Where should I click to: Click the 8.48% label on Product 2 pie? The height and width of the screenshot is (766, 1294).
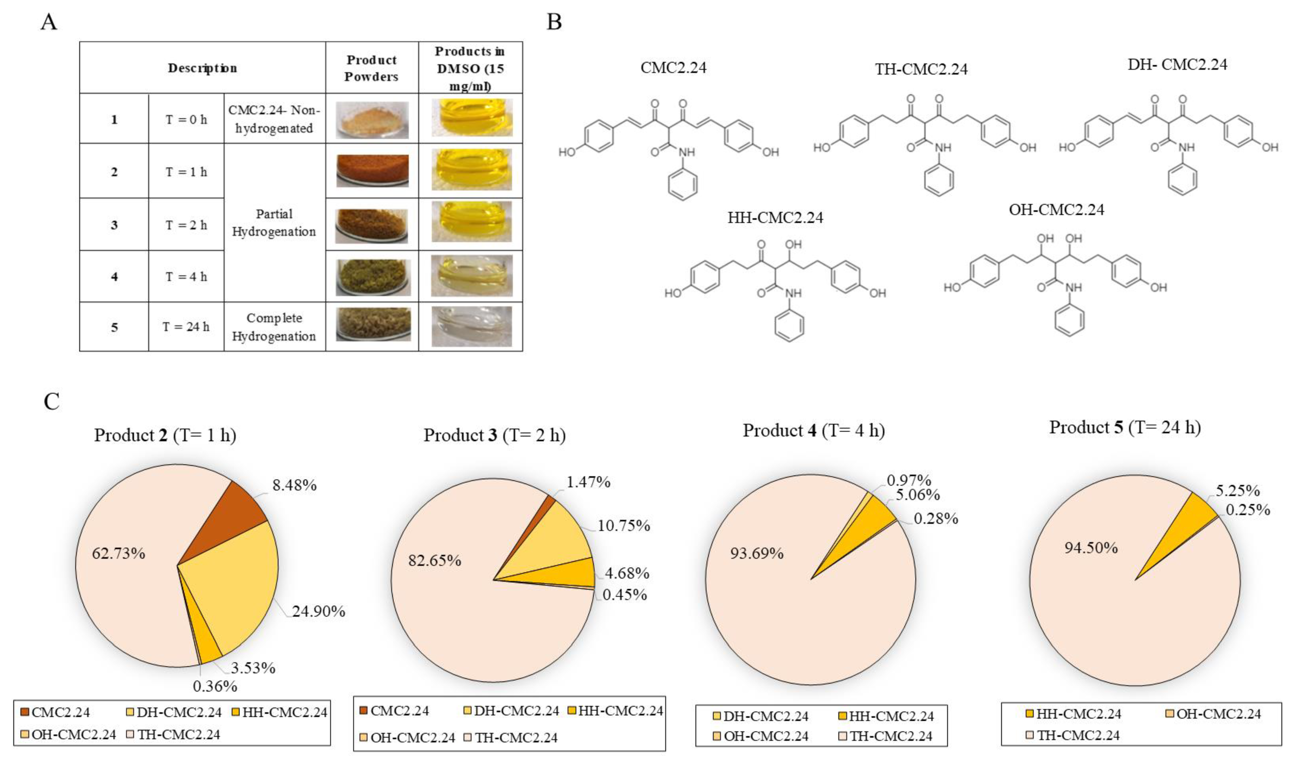click(x=294, y=485)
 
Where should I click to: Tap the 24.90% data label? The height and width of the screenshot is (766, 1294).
click(x=318, y=611)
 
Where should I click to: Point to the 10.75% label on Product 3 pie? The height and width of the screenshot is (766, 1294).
click(x=623, y=525)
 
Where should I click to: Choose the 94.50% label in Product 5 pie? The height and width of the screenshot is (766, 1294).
click(x=1091, y=547)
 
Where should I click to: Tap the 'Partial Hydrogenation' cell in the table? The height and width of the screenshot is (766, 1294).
click(x=274, y=223)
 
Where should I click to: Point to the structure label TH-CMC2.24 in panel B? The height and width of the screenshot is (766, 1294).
click(x=921, y=69)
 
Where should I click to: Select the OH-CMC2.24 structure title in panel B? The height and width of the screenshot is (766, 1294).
click(x=1057, y=210)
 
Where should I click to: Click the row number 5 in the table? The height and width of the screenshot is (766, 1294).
click(x=114, y=327)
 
